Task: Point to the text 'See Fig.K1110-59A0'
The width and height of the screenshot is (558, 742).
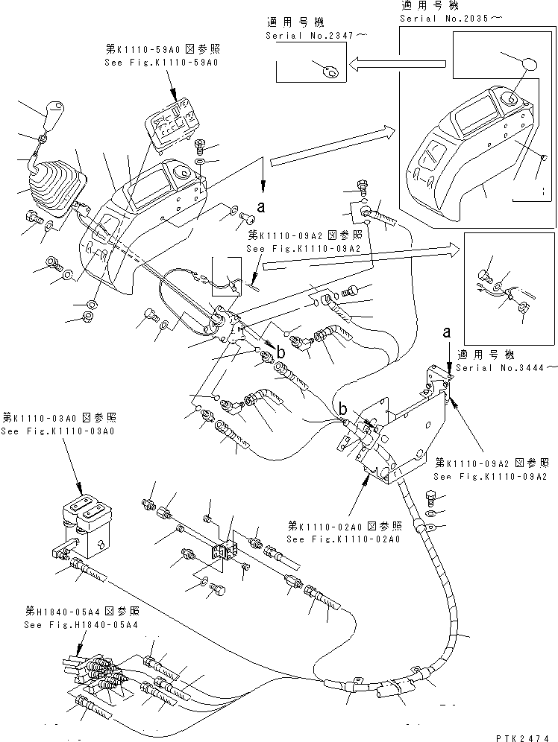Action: point(163,63)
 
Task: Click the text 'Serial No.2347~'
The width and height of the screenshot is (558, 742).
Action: point(307,35)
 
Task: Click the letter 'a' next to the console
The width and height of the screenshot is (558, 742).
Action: point(261,202)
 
